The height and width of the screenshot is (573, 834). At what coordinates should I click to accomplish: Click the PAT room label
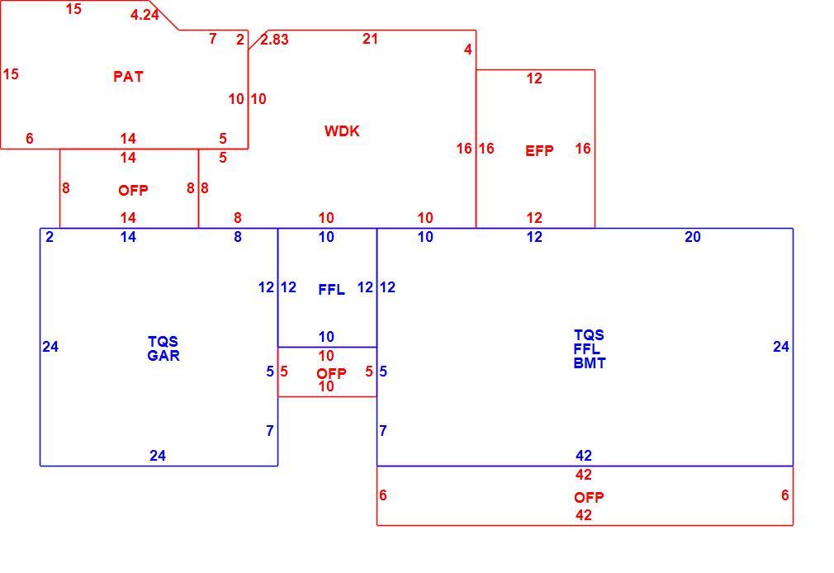[x=128, y=77]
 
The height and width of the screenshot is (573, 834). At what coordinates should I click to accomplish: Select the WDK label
[x=342, y=131]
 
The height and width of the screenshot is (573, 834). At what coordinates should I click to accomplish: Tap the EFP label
[x=539, y=151]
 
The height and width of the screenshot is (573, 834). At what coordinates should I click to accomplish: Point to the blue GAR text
[x=163, y=355]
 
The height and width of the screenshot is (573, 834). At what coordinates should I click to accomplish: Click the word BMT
[x=590, y=362]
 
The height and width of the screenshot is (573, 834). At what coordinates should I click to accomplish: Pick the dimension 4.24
[x=145, y=15]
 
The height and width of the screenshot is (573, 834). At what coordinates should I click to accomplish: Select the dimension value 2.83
[x=274, y=40]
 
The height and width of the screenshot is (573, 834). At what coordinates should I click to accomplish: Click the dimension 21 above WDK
[x=370, y=39]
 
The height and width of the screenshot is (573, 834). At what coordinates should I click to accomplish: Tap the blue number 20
[x=693, y=237]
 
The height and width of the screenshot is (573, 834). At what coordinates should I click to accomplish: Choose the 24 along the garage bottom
[x=158, y=456]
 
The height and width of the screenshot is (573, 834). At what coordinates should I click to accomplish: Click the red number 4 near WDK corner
[x=468, y=50]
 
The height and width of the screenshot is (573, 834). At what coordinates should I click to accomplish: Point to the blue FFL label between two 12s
[x=331, y=290]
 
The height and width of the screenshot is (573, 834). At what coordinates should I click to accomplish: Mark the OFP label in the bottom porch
[x=589, y=497]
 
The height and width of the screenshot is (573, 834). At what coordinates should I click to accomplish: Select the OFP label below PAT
[x=133, y=191]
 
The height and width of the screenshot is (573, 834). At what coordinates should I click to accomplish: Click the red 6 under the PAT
[x=30, y=139]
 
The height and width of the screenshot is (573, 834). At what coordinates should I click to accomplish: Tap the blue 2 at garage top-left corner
[x=50, y=237]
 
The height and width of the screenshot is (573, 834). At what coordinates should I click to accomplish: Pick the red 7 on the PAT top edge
[x=213, y=39]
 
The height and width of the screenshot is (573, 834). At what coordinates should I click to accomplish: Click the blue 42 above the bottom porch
[x=584, y=456]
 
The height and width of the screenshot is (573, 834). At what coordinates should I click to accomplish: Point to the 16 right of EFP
[x=583, y=149]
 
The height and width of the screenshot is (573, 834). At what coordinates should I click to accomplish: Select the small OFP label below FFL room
[x=331, y=373]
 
